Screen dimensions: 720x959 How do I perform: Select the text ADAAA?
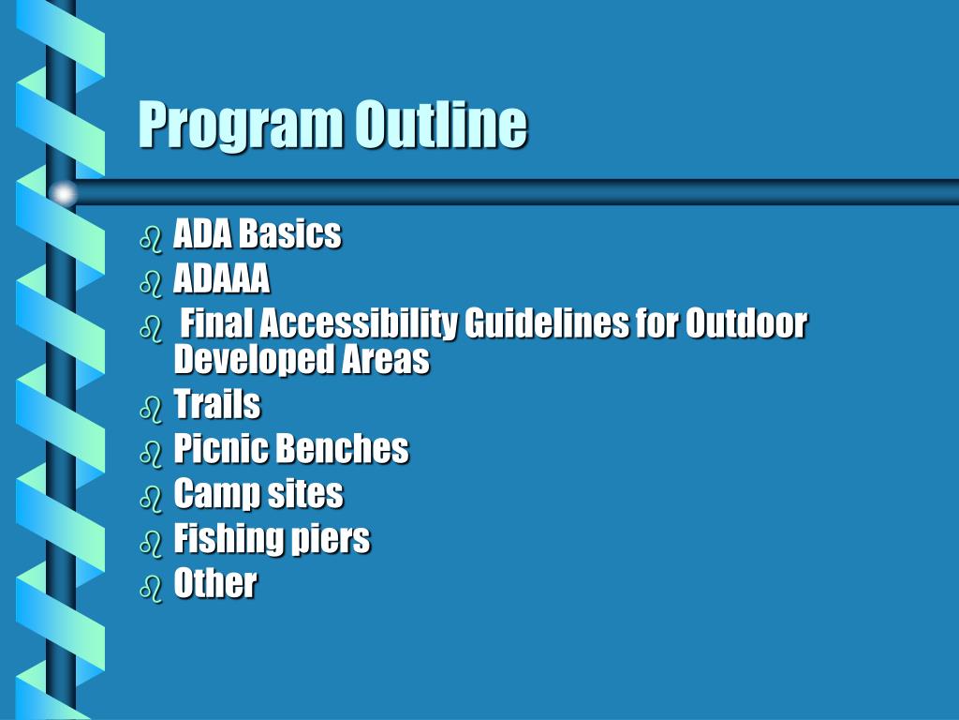tap(222, 278)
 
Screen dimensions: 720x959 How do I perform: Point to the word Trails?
tap(217, 405)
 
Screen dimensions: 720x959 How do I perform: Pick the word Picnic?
tap(221, 449)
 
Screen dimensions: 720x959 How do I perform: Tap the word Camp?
tap(213, 494)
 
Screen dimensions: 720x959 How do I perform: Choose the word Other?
tap(215, 583)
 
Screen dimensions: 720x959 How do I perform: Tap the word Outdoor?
tap(746, 323)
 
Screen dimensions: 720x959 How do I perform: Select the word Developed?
tap(246, 359)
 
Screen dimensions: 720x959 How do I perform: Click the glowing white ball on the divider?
tap(63, 193)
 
